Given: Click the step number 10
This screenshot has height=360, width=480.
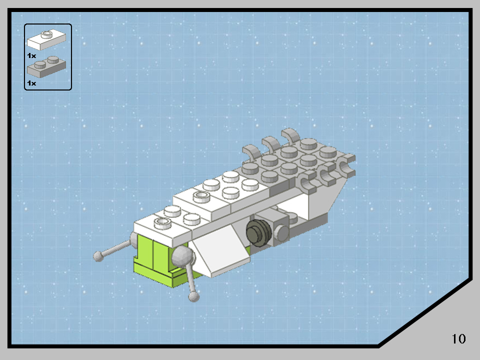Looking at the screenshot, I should click(x=458, y=338).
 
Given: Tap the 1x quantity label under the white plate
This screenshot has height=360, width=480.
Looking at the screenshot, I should click(x=31, y=55).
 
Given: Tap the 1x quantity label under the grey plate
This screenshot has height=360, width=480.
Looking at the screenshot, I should click(x=31, y=83).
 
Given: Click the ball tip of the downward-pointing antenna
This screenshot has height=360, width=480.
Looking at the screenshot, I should click(x=193, y=297).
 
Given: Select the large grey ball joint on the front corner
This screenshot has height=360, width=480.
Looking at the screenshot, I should click(x=182, y=257).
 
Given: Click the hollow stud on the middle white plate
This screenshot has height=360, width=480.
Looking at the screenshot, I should click(x=201, y=195).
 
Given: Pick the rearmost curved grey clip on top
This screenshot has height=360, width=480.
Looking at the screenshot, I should click(x=290, y=135).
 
